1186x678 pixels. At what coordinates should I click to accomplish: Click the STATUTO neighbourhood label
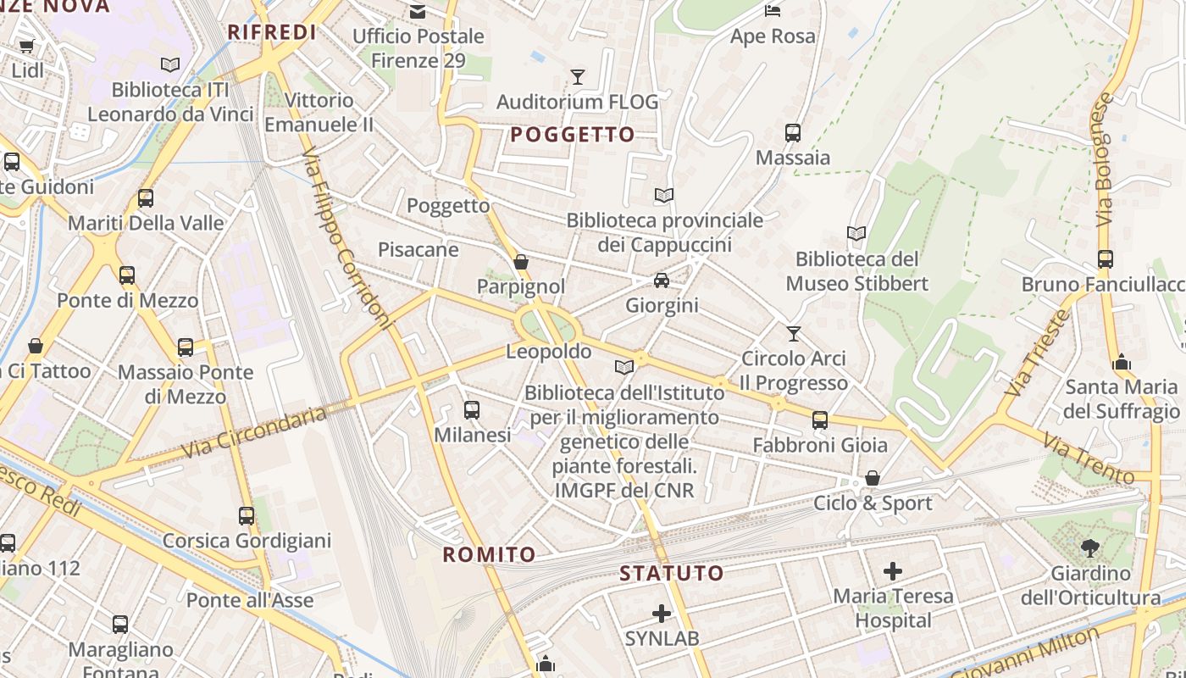click(x=672, y=573)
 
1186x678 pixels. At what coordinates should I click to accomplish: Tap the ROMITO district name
click(x=490, y=555)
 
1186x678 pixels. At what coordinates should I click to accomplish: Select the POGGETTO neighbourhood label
click(x=573, y=135)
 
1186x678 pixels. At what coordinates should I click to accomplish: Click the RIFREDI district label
click(x=271, y=33)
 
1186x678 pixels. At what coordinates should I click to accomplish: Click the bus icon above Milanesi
click(x=472, y=410)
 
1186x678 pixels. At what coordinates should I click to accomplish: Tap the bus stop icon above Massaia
click(x=793, y=133)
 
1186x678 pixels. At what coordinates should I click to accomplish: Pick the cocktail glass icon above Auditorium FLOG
click(x=578, y=77)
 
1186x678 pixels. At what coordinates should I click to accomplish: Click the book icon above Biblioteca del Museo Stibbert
click(x=856, y=233)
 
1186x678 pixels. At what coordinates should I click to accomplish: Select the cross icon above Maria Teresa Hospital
click(x=893, y=571)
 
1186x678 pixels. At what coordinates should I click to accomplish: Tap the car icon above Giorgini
click(x=662, y=281)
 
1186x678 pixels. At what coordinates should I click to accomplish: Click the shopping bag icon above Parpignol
click(x=521, y=262)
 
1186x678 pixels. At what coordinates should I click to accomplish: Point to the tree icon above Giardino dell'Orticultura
click(x=1089, y=548)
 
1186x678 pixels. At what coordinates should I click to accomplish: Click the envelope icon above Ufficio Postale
click(x=418, y=11)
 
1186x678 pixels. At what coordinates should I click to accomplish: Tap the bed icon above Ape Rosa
click(x=773, y=11)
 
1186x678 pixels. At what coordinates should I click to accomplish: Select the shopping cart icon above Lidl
click(x=26, y=46)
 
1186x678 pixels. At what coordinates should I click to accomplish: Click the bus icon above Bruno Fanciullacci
click(x=1105, y=259)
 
